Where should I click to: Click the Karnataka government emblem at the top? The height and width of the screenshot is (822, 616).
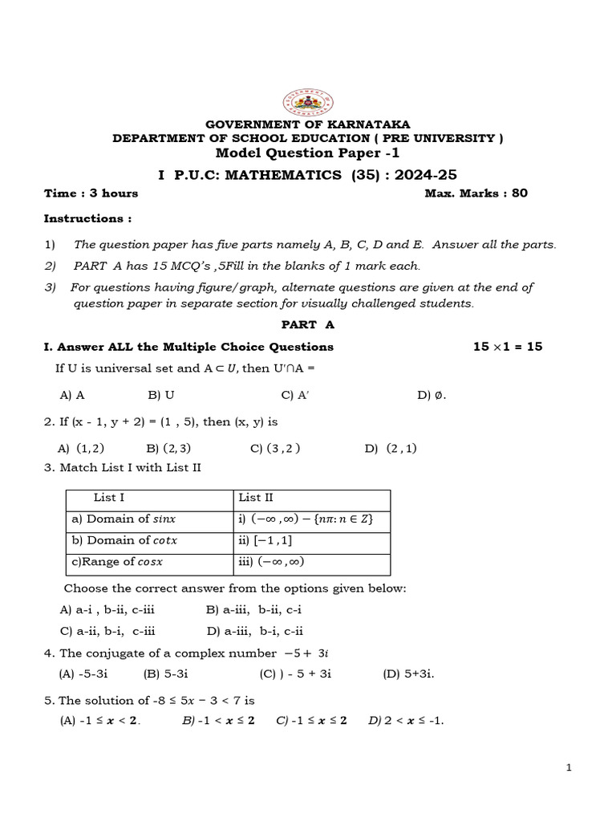tap(308, 104)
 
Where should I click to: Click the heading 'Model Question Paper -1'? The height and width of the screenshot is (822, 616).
tap(307, 153)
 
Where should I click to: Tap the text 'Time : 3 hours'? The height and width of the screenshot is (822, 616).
tap(91, 193)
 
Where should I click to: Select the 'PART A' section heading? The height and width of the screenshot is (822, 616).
tap(307, 324)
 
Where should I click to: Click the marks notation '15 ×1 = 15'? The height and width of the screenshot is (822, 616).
tap(508, 347)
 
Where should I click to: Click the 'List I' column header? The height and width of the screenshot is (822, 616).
tap(109, 498)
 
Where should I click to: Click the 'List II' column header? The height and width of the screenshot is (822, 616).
tap(256, 498)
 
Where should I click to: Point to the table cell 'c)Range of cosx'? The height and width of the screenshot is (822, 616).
tap(117, 562)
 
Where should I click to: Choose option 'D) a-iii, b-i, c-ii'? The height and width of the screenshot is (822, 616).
tap(255, 631)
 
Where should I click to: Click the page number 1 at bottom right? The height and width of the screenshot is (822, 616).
tap(569, 768)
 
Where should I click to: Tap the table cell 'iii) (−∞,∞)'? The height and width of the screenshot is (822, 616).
tap(271, 562)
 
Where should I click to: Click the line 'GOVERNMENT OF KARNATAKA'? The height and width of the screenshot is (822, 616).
tap(308, 124)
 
